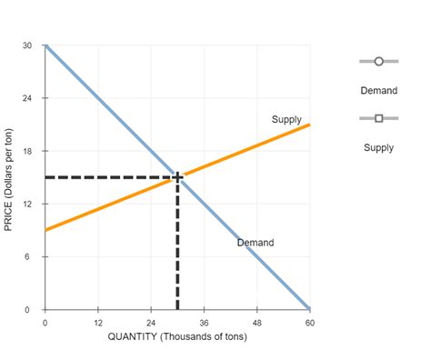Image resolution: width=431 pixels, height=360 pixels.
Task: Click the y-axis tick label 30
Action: tap(29, 45)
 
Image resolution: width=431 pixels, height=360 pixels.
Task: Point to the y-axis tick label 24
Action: tap(29, 97)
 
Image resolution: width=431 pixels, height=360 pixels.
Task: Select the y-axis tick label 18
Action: tap(29, 151)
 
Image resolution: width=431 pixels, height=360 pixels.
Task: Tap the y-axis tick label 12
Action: tap(29, 204)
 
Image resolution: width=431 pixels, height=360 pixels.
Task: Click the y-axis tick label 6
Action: tap(31, 257)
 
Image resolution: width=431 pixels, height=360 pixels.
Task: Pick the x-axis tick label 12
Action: tap(98, 323)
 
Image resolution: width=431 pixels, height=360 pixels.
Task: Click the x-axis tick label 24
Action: tap(151, 323)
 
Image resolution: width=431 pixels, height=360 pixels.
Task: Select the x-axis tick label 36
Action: tap(204, 323)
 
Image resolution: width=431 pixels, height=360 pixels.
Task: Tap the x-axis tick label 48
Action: tap(257, 323)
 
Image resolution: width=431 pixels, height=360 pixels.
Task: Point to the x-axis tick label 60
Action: tap(309, 323)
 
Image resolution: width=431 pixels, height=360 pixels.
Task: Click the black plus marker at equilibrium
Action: tap(177, 177)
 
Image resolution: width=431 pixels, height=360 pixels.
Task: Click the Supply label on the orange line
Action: tap(286, 120)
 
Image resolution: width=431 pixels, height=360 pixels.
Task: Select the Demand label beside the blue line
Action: tap(256, 243)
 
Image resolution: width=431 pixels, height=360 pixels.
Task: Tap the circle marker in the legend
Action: tap(379, 62)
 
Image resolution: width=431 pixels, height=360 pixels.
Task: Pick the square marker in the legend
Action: tap(379, 117)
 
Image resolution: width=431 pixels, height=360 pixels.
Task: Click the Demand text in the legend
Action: tap(379, 91)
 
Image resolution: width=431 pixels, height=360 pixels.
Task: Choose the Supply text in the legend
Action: tap(379, 147)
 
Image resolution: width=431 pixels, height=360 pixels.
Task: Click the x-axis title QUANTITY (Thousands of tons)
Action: tap(178, 337)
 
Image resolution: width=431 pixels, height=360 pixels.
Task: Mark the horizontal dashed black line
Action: tap(109, 177)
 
